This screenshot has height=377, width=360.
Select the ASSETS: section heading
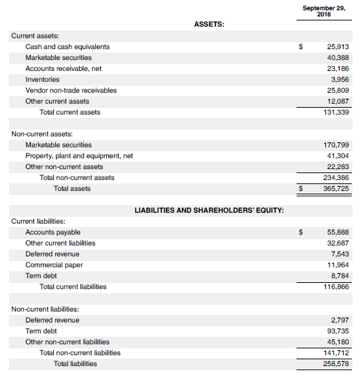pos(209,24)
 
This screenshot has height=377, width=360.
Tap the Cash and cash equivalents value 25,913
pos(337,47)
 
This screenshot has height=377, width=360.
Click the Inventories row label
pos(42,80)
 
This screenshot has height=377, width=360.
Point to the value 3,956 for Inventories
pos(340,80)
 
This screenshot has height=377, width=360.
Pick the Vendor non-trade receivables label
pos(71,91)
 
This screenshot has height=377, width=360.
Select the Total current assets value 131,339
pos(335,112)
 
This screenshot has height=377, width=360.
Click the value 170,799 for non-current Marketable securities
pos(335,145)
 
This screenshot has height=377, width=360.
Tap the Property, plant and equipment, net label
pos(79,156)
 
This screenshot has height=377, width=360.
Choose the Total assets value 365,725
pos(335,189)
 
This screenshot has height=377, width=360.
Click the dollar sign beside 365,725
pos(301,189)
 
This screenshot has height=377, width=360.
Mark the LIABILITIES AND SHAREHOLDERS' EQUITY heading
pos(209,210)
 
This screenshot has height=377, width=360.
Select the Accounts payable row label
pos(52,232)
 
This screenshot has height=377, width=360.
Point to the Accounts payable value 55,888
pos(337,232)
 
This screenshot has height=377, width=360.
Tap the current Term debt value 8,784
pos(340,276)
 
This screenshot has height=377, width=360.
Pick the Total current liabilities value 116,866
pos(335,287)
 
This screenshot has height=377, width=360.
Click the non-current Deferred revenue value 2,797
pos(340,320)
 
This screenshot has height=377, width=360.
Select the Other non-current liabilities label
pos(67,342)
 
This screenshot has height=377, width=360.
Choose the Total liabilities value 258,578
pos(335,363)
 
